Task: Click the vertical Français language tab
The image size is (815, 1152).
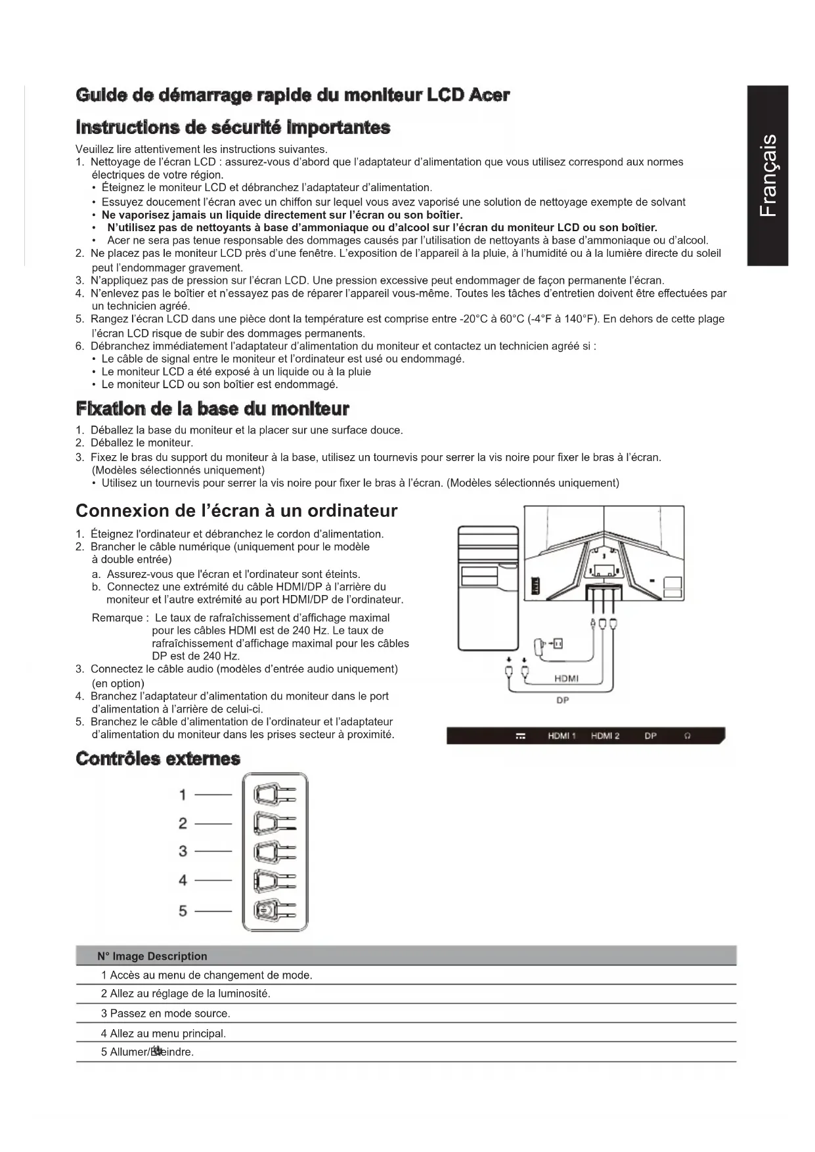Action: click(x=767, y=175)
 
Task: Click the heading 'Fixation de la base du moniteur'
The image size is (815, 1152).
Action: click(x=212, y=409)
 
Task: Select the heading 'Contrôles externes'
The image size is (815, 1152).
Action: click(x=158, y=759)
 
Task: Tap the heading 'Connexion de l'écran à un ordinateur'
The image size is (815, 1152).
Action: click(x=236, y=510)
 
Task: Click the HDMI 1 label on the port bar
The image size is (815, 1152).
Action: click(x=562, y=736)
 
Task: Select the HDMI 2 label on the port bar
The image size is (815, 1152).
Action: click(x=605, y=736)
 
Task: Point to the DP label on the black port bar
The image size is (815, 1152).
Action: click(x=650, y=736)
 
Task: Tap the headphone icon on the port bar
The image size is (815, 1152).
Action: click(x=688, y=736)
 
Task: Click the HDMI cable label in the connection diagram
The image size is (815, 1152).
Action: click(x=566, y=678)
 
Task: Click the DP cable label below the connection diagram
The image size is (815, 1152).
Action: click(x=562, y=700)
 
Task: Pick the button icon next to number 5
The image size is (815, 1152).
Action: click(x=275, y=910)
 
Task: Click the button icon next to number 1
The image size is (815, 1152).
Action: click(x=275, y=795)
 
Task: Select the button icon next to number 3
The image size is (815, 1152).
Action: click(x=275, y=852)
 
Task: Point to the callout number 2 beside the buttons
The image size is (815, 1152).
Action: click(x=183, y=824)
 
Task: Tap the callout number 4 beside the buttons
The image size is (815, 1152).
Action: click(x=183, y=881)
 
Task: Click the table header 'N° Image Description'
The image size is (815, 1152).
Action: click(x=152, y=956)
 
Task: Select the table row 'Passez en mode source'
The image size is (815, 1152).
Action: click(x=165, y=1013)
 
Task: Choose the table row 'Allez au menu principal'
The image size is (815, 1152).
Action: click(x=164, y=1033)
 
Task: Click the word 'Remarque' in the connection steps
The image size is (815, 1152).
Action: click(x=118, y=618)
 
